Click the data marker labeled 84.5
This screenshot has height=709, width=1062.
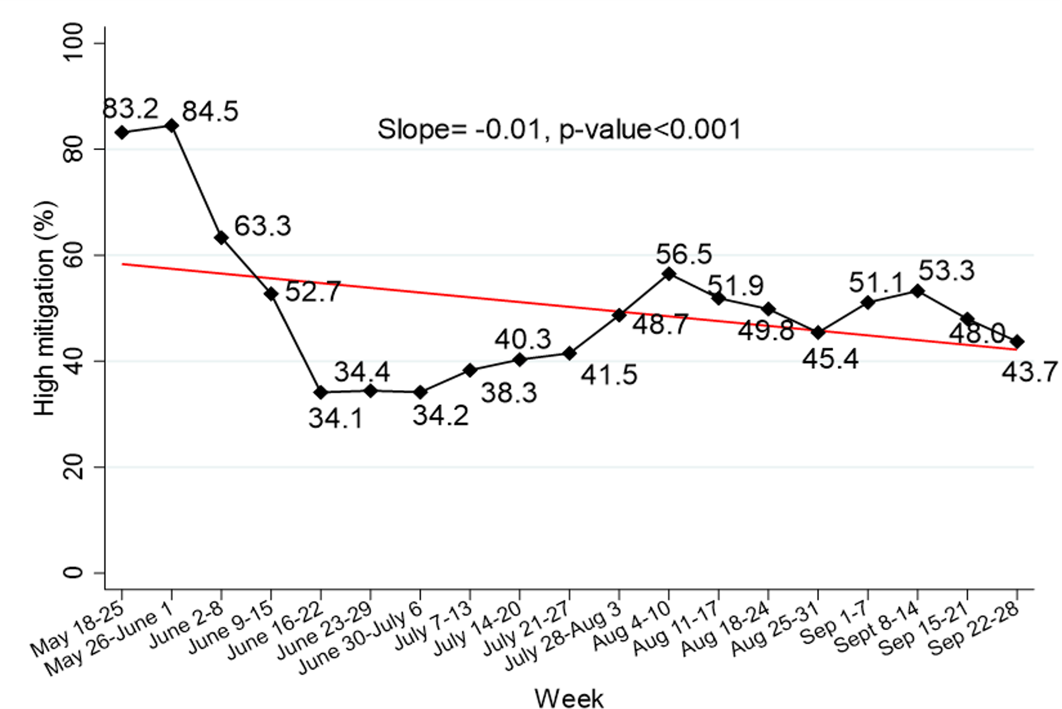click(171, 125)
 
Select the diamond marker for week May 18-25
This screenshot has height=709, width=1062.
click(122, 133)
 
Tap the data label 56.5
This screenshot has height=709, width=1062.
click(684, 254)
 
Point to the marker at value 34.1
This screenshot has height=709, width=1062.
click(321, 392)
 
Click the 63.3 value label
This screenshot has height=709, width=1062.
click(262, 226)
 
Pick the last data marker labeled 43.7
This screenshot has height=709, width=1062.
click(1016, 341)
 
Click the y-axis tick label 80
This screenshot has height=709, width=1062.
click(74, 148)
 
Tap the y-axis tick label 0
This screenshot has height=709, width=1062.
click(74, 572)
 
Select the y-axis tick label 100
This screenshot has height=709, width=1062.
click(74, 43)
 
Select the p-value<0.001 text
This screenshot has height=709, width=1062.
click(650, 129)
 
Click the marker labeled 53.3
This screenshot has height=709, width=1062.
click(918, 291)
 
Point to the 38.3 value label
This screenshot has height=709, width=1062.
click(509, 392)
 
